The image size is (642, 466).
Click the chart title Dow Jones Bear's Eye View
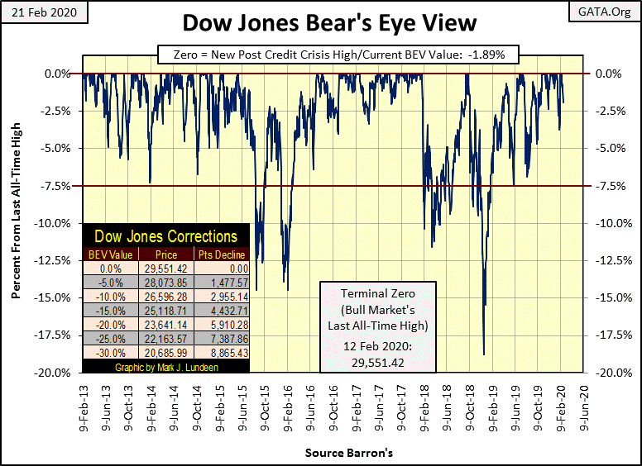click(321, 22)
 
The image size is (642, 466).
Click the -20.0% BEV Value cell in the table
click(110, 325)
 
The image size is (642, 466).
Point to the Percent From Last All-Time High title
click(17, 223)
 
